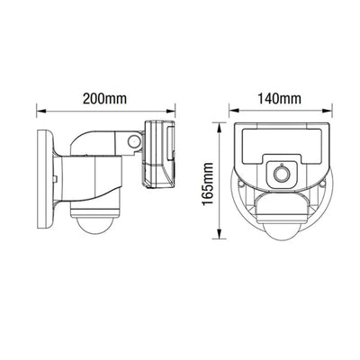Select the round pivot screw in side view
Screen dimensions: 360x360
[134, 141]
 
